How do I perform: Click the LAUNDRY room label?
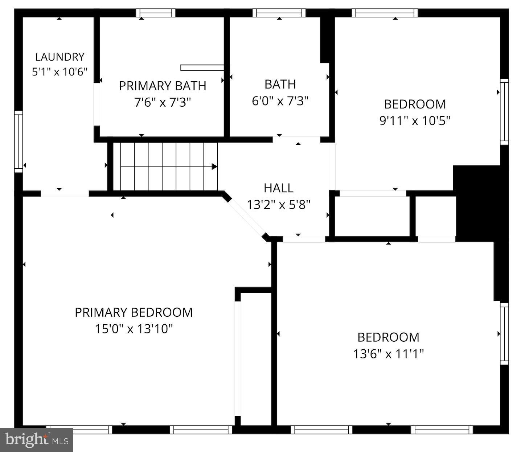pyautogui.click(x=60, y=57)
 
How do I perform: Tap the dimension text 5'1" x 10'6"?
pyautogui.click(x=60, y=72)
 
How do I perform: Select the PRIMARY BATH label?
pyautogui.click(x=162, y=86)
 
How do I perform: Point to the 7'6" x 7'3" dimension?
pyautogui.click(x=162, y=103)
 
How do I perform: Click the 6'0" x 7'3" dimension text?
pyautogui.click(x=280, y=101)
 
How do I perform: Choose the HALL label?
pyautogui.click(x=278, y=188)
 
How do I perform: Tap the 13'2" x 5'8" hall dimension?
pyautogui.click(x=278, y=205)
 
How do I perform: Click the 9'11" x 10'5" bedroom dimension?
pyautogui.click(x=414, y=120)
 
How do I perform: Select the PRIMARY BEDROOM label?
pyautogui.click(x=134, y=312)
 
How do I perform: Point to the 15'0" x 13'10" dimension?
pyautogui.click(x=134, y=329)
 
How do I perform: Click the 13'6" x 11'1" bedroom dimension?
pyautogui.click(x=388, y=354)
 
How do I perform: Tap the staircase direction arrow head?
pyautogui.click(x=214, y=167)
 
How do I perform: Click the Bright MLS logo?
pyautogui.click(x=37, y=440)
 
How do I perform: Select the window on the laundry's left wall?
pyautogui.click(x=19, y=141)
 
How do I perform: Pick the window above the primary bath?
pyautogui.click(x=156, y=13)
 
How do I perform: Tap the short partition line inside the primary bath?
pyautogui.click(x=202, y=67)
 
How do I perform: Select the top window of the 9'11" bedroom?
pyautogui.click(x=385, y=13)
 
